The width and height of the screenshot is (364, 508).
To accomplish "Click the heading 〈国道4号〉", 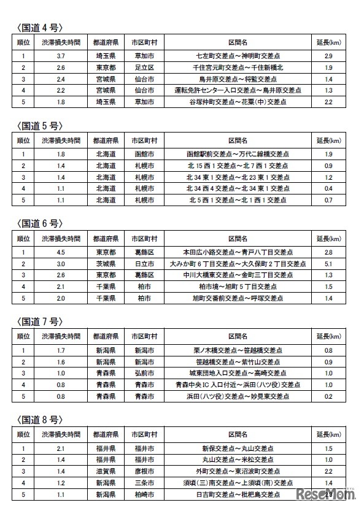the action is click(x=39, y=27).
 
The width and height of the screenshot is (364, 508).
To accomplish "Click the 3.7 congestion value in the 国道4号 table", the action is click(x=60, y=56).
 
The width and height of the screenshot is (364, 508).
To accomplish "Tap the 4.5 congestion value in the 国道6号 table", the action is click(x=60, y=251).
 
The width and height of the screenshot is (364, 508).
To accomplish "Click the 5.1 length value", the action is click(x=328, y=263).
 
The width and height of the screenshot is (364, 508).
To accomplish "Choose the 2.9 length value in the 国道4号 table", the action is click(x=328, y=56).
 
